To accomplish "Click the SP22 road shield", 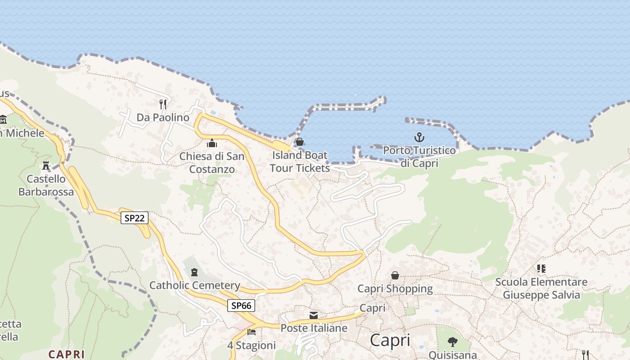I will (x=135, y=218).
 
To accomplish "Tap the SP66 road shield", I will (x=241, y=306).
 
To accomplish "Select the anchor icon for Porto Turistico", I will (x=419, y=137).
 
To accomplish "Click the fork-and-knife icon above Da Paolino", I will (x=163, y=104).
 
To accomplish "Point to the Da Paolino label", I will (x=163, y=117).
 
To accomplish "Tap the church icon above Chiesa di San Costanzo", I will (x=211, y=144).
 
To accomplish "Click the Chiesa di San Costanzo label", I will (x=212, y=163).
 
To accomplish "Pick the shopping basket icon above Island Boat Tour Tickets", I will (x=300, y=142).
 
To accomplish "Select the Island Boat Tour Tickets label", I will (x=300, y=162).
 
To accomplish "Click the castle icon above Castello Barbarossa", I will (x=46, y=165).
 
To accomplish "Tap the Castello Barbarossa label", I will (x=46, y=185).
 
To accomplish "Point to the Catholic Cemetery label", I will (x=194, y=285).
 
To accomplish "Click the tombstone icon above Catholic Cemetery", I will (x=194, y=272).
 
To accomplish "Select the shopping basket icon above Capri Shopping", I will (x=395, y=275).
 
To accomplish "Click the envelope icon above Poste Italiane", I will (x=314, y=315).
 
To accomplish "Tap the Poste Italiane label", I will (x=314, y=328).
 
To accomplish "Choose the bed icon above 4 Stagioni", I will (x=252, y=332).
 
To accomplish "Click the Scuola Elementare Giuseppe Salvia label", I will (x=541, y=288).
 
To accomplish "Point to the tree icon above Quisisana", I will (x=453, y=342).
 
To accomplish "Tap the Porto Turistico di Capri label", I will (x=419, y=157).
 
